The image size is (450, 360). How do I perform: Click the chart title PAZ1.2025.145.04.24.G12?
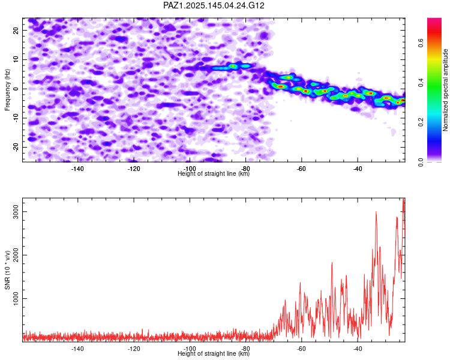pos(214,5)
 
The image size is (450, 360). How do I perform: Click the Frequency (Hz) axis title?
pos(7,90)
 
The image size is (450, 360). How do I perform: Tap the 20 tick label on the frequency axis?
pos(16,30)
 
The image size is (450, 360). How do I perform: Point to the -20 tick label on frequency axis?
pos(16,147)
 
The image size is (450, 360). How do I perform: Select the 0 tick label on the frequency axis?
pos(16,89)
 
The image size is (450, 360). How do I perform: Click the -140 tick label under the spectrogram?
pos(77,169)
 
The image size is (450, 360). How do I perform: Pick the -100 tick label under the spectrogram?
pos(190,169)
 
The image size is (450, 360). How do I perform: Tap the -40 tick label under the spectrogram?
pos(358,169)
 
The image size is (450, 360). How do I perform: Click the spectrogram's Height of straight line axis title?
pos(214,173)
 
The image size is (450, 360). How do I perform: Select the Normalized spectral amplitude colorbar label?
pos(445,90)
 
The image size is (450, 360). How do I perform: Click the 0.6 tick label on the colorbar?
pos(421,43)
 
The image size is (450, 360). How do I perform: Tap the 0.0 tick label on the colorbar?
pos(421,162)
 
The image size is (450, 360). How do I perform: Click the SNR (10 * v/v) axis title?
pos(7,270)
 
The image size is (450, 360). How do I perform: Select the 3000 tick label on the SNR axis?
pos(16,212)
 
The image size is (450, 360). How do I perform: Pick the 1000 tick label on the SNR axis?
pos(16,299)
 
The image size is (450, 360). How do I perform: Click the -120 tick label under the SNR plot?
pos(133,349)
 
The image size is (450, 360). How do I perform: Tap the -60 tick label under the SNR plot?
pos(301,349)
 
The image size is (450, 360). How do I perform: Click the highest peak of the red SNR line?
pos(404,199)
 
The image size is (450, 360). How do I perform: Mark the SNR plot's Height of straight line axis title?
pos(214,353)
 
